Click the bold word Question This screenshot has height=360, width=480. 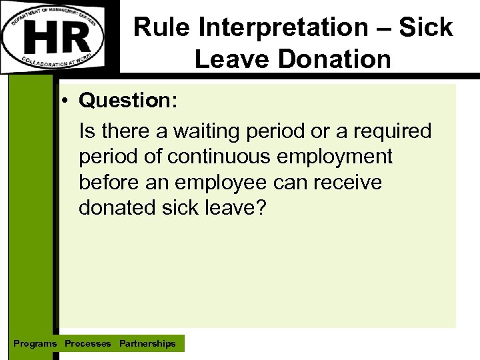(127, 101)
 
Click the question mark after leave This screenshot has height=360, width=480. (260, 207)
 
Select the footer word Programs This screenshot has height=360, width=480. (35, 344)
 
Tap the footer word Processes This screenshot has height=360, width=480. (88, 344)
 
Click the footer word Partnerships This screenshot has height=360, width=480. (147, 344)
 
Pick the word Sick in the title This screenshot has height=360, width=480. (427, 28)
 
